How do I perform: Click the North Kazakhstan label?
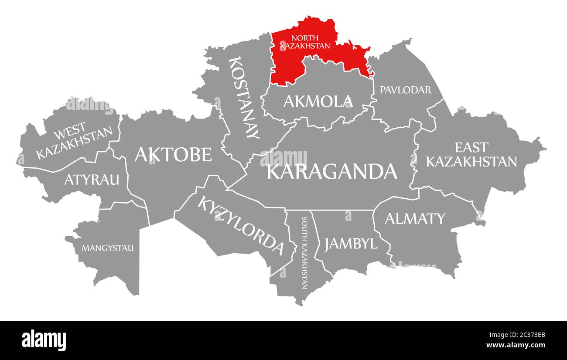click(304, 41)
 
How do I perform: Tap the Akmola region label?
click(318, 102)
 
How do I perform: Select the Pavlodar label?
click(405, 90)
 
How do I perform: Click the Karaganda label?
click(331, 171)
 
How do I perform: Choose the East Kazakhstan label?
click(471, 154)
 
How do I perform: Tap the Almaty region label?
click(414, 218)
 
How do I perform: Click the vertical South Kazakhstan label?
click(304, 253)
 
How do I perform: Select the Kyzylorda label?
click(241, 225)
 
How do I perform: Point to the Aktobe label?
click(173, 154)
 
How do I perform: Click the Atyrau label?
click(92, 179)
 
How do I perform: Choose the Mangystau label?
click(108, 248)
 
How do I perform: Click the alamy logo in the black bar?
click(44, 340)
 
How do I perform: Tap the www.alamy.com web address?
click(516, 346)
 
